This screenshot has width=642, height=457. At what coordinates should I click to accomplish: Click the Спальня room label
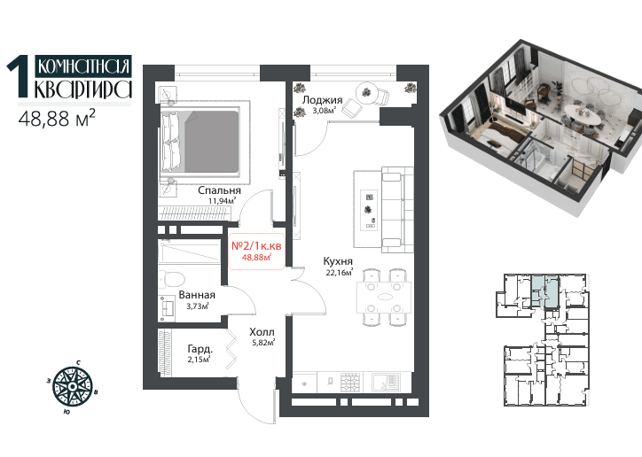pos(219,190)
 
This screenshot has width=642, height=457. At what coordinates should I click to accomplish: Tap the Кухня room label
pos(338,260)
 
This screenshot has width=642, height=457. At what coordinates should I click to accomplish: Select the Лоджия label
pos(322,100)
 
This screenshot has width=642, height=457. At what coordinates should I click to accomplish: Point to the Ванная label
pos(197,295)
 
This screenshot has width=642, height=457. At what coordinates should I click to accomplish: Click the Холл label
pos(262,332)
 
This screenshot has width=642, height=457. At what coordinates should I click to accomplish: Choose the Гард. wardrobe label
pos(200,349)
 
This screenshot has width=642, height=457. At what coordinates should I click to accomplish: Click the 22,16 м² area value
pos(339,272)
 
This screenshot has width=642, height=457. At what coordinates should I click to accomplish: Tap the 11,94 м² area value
pos(223,201)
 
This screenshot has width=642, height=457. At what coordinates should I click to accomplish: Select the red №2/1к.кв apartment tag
pos(256,251)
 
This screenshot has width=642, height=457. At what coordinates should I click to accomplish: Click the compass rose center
pos(73,386)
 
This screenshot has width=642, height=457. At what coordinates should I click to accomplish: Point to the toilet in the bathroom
pos(171,279)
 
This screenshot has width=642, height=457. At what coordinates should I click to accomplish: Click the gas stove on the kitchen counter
pos(351,383)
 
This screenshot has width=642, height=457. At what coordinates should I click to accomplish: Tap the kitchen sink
pos(386,383)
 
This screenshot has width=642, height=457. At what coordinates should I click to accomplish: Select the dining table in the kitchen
pos(384,298)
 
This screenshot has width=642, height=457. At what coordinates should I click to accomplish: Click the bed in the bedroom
pos(201,141)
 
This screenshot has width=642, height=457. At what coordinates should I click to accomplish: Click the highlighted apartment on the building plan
pos(545,290)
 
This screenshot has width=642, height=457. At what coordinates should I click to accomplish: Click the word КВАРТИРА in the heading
pos(83,89)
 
